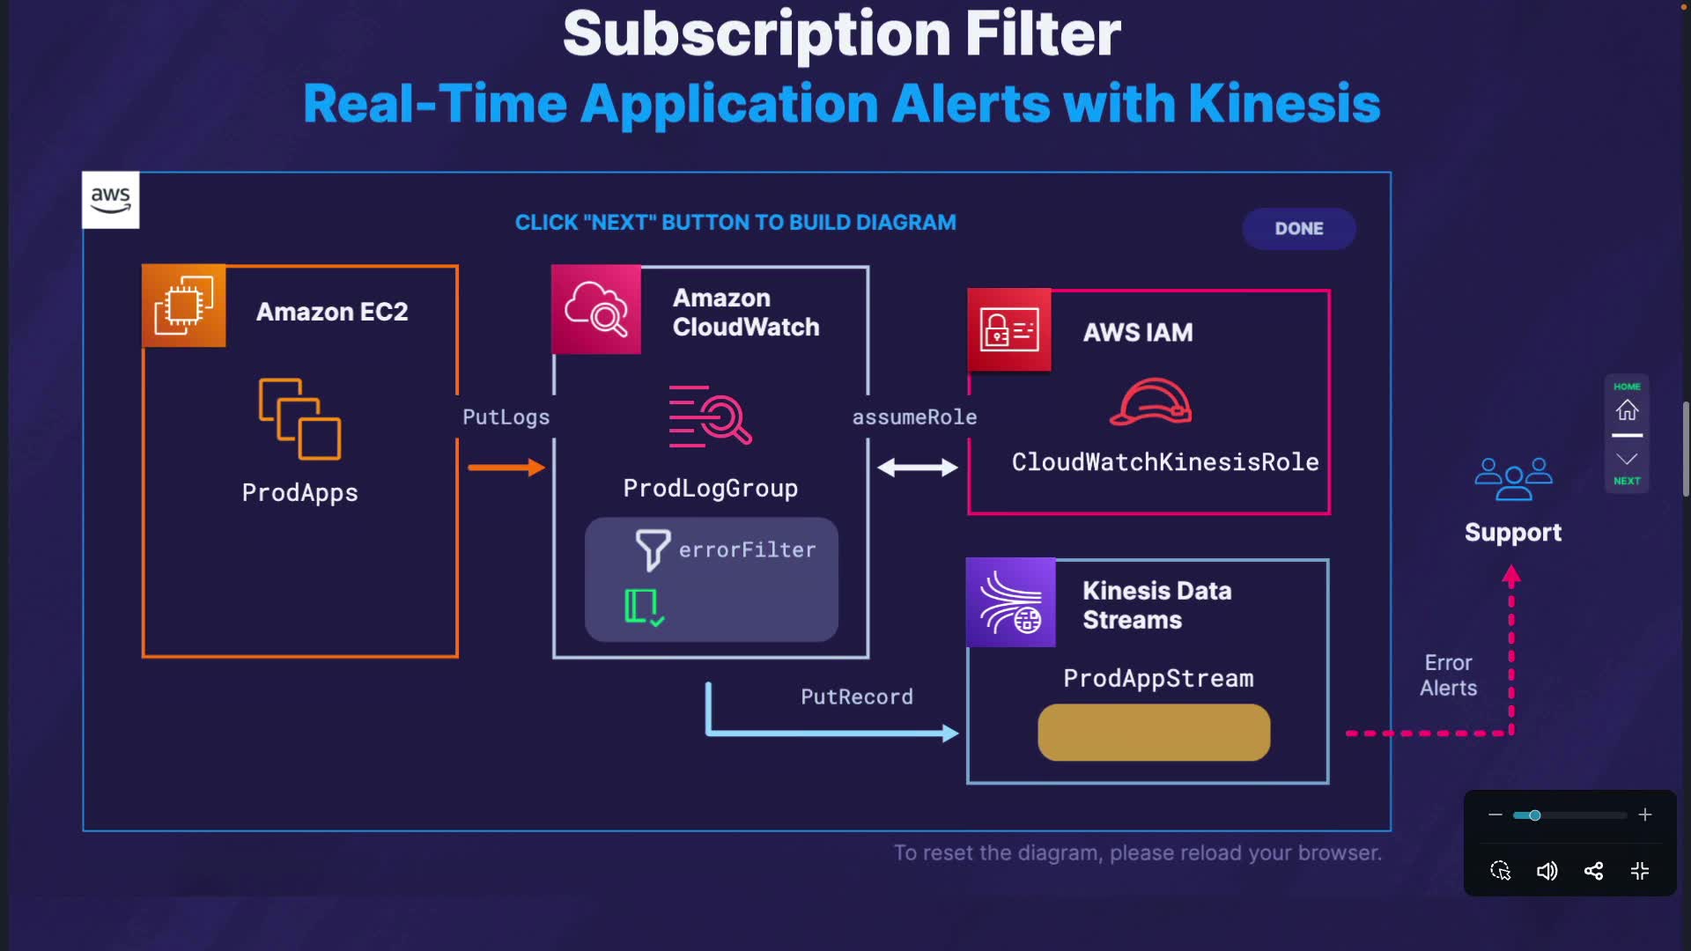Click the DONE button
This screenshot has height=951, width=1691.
click(x=1298, y=229)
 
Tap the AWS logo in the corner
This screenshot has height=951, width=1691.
click(x=111, y=200)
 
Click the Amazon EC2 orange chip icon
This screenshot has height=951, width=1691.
click(x=184, y=306)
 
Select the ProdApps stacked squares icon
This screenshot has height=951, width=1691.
click(x=299, y=419)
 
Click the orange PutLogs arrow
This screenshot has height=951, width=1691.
click(x=506, y=468)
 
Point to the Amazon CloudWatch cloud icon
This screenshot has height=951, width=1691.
click(x=596, y=309)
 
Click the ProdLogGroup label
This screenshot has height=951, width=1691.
click(x=710, y=488)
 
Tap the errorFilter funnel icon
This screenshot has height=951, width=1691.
click(x=653, y=549)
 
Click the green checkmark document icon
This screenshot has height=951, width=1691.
click(x=644, y=608)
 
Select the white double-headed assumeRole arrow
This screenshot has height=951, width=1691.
click(x=917, y=468)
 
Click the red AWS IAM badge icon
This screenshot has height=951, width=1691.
click(x=1009, y=330)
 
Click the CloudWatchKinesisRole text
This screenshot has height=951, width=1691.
click(x=1164, y=462)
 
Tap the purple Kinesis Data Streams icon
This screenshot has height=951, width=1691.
click(x=1011, y=603)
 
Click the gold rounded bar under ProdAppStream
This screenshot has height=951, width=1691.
click(x=1154, y=733)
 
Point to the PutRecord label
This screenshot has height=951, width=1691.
click(x=856, y=697)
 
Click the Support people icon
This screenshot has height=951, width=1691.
click(x=1513, y=479)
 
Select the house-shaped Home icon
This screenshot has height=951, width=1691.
click(x=1627, y=410)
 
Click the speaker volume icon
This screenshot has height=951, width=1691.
click(x=1547, y=872)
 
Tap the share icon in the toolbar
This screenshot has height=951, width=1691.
click(x=1593, y=872)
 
